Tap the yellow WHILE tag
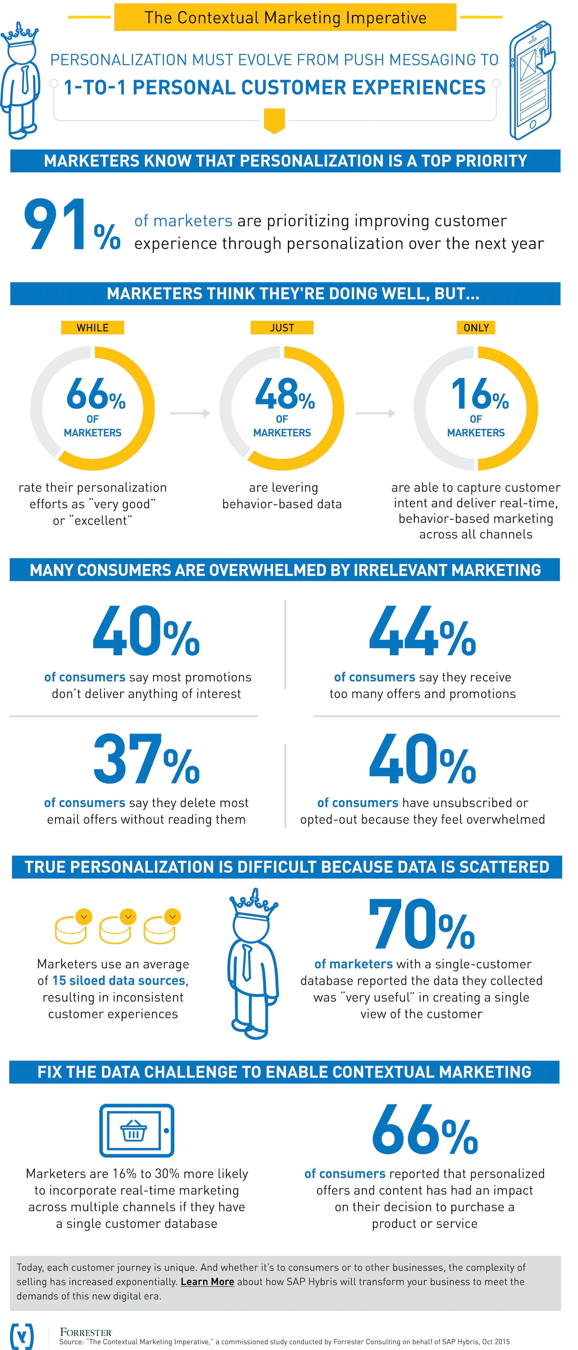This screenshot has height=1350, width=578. click(x=93, y=328)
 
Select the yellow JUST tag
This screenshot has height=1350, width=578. click(x=282, y=328)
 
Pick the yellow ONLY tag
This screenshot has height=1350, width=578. click(x=476, y=328)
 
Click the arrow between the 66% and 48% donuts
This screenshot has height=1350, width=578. click(x=190, y=413)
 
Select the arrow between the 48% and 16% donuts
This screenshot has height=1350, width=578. click(x=375, y=413)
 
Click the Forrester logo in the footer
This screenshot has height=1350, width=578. click(x=86, y=1332)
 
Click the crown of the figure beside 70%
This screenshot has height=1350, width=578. click(x=254, y=903)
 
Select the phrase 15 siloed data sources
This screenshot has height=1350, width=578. click(x=119, y=980)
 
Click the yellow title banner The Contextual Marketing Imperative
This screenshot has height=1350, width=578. click(x=285, y=17)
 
